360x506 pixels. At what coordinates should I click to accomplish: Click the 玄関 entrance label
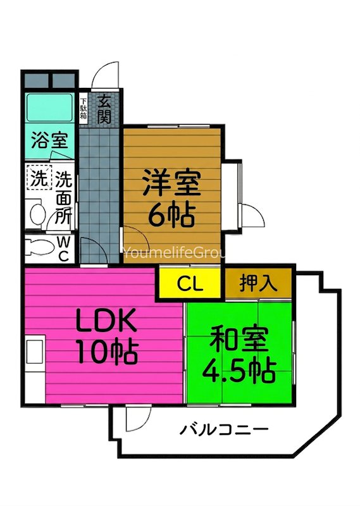[x=103, y=108]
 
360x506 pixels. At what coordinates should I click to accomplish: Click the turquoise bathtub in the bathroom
[x=50, y=109]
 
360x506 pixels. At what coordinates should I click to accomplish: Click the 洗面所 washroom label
[x=62, y=198]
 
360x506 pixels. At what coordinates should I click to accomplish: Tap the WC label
[x=64, y=248]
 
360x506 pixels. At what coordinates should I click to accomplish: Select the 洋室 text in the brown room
[x=171, y=185]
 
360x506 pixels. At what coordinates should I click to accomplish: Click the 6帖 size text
[x=171, y=216]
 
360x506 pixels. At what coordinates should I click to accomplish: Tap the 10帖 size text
[x=106, y=352]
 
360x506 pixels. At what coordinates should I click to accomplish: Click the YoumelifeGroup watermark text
[x=174, y=252]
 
